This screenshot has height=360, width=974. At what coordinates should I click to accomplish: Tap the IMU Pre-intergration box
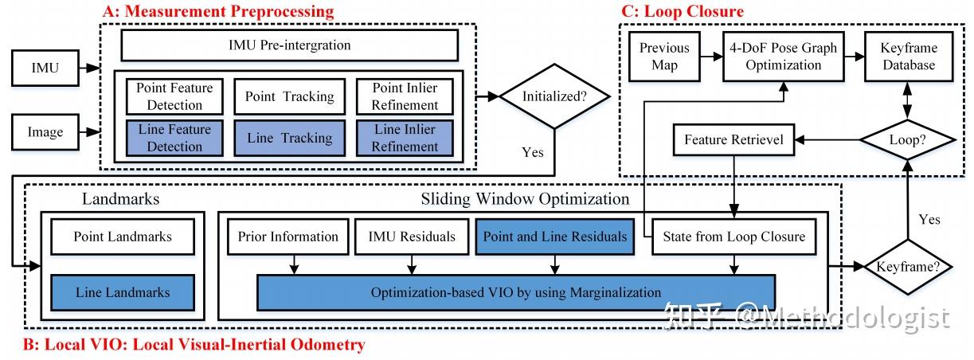pos(289,46)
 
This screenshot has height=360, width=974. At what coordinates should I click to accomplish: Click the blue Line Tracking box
pos(289,138)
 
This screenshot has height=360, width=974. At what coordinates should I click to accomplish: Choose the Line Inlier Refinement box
pos(405,138)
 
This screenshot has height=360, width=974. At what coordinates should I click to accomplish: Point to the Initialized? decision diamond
pos(555,96)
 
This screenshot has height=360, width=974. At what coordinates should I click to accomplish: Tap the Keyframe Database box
pos(909,57)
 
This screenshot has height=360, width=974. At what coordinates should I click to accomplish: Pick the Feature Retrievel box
pos(733,140)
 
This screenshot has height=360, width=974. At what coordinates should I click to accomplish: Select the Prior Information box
pos(288,237)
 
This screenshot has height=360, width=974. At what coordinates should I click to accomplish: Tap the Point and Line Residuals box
pos(555,237)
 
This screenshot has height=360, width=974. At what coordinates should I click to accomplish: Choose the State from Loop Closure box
pos(733,237)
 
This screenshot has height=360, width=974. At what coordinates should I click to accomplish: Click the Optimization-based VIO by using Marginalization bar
pos(515,292)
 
